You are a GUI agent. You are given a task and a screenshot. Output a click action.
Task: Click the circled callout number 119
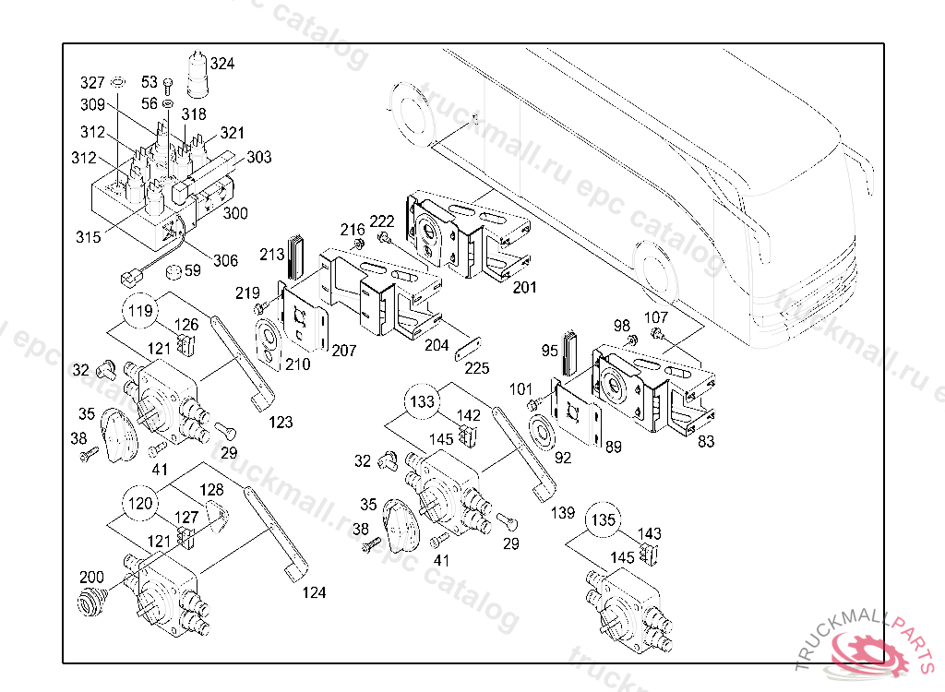pyautogui.click(x=139, y=311)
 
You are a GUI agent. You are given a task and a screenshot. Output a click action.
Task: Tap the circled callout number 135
pyautogui.click(x=603, y=520)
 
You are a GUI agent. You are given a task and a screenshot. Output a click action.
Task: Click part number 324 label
pyautogui.click(x=222, y=64)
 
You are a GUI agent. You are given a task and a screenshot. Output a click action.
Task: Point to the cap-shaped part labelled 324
pyautogui.click(x=197, y=75)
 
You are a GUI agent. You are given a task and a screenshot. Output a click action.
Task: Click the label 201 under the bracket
pyautogui.click(x=524, y=288)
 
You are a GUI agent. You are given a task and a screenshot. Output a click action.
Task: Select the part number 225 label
pyautogui.click(x=477, y=368)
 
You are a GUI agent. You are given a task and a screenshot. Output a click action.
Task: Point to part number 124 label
pyautogui.click(x=314, y=592)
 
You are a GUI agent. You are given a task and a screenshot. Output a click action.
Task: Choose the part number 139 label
pyautogui.click(x=562, y=512)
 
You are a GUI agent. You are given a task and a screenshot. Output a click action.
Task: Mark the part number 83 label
pyautogui.click(x=706, y=442)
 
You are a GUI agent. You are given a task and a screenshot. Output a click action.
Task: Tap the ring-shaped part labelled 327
pyautogui.click(x=119, y=84)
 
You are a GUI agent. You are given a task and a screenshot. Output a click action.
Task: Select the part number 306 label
pyautogui.click(x=225, y=261)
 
